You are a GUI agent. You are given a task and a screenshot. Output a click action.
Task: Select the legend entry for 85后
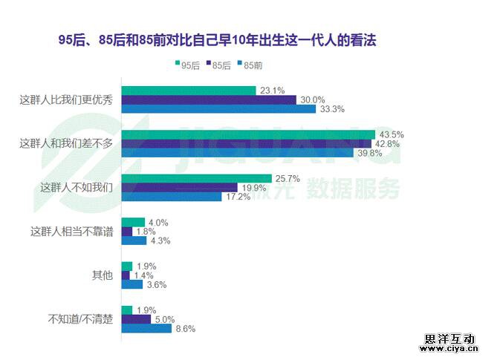tap(218, 66)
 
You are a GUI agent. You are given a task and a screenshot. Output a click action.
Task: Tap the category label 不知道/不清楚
tap(80, 319)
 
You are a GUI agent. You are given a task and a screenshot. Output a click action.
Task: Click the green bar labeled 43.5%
tap(247, 135)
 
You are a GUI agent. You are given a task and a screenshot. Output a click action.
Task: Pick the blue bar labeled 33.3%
tap(218, 109)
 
